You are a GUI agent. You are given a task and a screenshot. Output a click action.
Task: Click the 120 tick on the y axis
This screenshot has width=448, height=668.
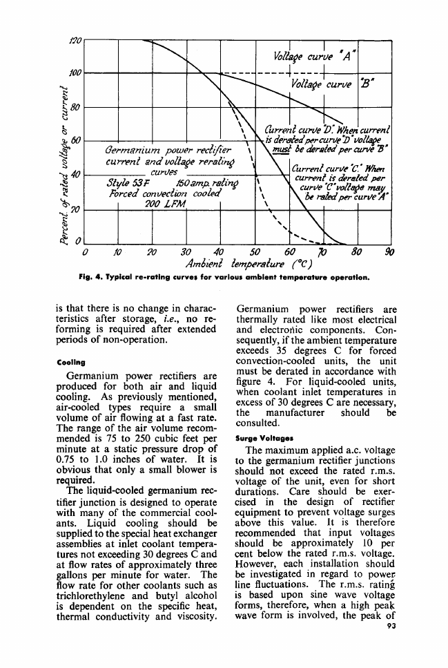coord(75,41)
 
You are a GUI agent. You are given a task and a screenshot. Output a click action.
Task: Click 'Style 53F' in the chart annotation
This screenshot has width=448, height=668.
coord(123,183)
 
